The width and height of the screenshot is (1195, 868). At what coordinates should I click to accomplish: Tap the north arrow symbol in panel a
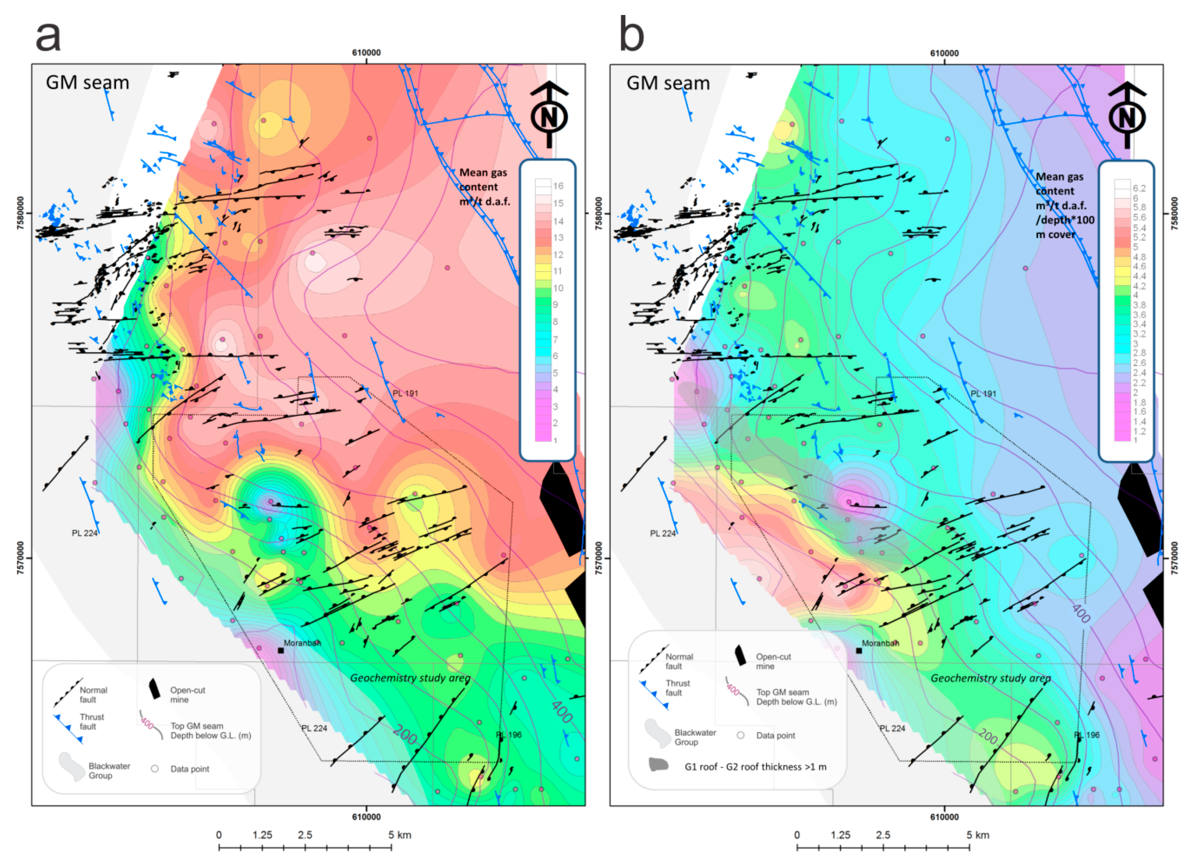point(549,115)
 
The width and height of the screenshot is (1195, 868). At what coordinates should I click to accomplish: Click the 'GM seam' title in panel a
point(88,83)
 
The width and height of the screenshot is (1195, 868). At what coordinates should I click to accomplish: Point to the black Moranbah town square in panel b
point(859,651)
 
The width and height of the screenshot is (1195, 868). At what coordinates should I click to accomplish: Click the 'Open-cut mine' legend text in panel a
point(187,694)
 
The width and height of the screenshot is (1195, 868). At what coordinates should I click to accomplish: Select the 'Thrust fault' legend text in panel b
point(678,688)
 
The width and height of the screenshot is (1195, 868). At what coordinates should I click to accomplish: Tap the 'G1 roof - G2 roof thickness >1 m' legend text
point(756,767)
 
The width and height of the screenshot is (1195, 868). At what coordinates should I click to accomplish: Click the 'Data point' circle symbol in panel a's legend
point(155,769)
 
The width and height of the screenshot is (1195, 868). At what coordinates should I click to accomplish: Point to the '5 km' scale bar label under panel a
point(400,835)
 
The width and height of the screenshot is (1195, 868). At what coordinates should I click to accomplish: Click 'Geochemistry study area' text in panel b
point(991,678)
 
